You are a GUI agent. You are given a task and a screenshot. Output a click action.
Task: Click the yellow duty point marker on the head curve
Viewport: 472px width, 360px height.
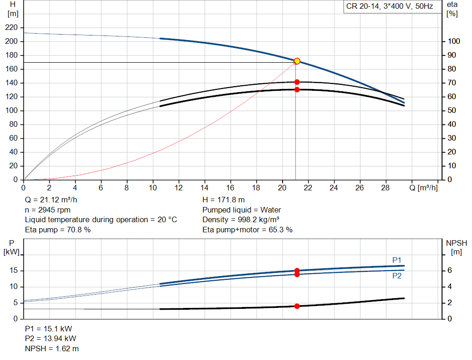coord(297,61)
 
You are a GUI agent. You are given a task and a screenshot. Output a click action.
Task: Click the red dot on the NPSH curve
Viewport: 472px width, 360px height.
coord(297,306)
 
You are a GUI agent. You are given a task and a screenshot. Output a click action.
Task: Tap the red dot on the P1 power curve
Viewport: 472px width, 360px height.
coord(297,271)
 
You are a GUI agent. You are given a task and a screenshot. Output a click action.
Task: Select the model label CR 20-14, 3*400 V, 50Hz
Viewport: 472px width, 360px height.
coord(389,6)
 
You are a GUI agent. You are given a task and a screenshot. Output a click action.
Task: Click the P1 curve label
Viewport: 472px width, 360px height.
coord(397,260)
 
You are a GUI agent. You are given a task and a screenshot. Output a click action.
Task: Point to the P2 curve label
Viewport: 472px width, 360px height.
coord(397,276)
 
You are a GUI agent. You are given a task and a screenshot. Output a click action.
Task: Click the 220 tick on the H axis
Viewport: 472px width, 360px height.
coord(12,27)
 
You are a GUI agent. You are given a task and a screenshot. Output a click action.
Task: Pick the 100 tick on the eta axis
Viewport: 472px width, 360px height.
coord(454,41)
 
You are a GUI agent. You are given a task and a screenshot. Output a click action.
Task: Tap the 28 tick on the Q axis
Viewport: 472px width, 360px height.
coord(385,188)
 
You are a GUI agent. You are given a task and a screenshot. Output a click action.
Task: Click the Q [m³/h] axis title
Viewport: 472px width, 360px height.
coord(424,188)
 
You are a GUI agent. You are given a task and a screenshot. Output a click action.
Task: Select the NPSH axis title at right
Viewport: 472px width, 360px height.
coord(456,247)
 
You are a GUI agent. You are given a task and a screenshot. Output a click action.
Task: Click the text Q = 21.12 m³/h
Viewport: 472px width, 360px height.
coord(51,200)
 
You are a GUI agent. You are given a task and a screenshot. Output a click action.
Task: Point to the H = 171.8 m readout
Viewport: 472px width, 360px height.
coord(224,200)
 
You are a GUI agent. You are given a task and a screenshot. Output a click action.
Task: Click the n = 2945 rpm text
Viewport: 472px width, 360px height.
coord(47,210)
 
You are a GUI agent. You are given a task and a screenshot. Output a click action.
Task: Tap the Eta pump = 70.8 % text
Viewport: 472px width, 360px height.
coord(58,230)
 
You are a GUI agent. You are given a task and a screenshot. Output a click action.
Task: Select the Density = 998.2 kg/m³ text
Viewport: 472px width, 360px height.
coord(241,220)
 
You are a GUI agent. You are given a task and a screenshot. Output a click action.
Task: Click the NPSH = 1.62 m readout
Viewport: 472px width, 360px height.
coord(52,348)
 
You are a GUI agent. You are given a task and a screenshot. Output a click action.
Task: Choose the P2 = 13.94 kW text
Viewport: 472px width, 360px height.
coord(51,339)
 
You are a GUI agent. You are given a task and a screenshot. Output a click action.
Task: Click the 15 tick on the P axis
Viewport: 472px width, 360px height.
coord(13,270)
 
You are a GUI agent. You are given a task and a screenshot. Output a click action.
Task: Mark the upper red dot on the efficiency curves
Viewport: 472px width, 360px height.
coord(297,82)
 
